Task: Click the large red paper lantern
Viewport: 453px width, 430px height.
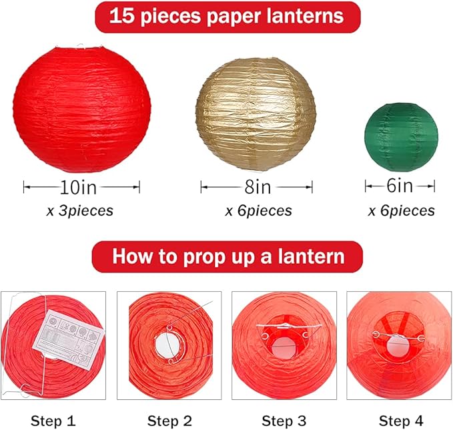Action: click(81, 107)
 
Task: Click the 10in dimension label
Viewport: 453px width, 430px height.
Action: click(81, 186)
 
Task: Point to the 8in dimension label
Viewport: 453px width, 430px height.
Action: click(256, 186)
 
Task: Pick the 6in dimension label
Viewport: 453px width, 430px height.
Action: click(400, 186)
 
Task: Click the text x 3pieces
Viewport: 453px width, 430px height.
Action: click(80, 211)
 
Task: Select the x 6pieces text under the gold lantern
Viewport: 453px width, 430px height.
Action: click(258, 211)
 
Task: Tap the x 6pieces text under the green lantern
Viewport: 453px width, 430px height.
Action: click(402, 211)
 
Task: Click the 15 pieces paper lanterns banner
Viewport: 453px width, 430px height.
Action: click(227, 17)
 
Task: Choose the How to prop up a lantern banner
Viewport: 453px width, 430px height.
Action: click(228, 257)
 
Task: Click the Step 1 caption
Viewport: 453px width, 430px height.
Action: click(53, 421)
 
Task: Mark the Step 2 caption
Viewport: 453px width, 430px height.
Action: click(170, 421)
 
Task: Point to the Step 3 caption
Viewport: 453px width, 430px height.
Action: click(286, 421)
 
